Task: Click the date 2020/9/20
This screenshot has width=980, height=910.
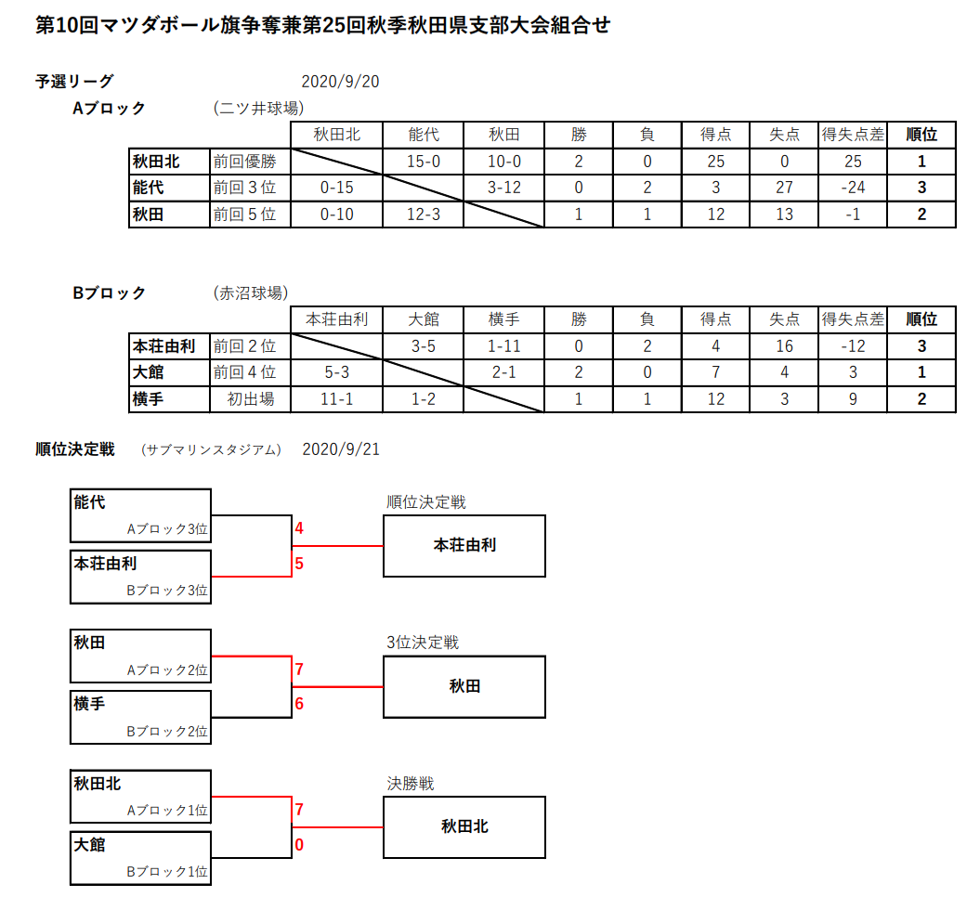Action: coord(340,82)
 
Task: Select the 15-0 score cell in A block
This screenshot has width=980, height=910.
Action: coord(424,162)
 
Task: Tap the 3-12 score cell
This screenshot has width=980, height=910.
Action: coord(503,188)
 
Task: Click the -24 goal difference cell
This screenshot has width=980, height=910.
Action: coord(853,188)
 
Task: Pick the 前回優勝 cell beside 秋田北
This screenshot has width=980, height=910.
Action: coord(245,162)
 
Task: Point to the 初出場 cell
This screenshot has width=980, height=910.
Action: coord(251,398)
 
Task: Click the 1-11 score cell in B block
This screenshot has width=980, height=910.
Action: coord(503,346)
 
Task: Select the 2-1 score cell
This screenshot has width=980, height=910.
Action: coord(503,372)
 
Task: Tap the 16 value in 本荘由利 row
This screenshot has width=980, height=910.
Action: coord(784,346)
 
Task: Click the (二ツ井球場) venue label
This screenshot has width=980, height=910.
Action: coord(259,108)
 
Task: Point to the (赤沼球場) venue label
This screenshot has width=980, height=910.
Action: coord(251,292)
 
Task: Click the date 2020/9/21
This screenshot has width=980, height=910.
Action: coord(341,449)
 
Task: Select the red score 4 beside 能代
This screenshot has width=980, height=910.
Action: coord(299,528)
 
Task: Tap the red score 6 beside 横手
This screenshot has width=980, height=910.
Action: coord(299,704)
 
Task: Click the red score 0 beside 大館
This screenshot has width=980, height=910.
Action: coord(299,845)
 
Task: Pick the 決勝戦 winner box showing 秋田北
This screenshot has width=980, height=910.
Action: coord(464,827)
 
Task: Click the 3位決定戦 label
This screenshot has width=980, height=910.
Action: coord(423,643)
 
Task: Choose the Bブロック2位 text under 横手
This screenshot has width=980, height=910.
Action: coord(167,732)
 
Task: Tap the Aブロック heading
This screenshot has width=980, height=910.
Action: coord(109,108)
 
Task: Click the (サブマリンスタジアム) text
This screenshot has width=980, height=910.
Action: coord(211,449)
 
